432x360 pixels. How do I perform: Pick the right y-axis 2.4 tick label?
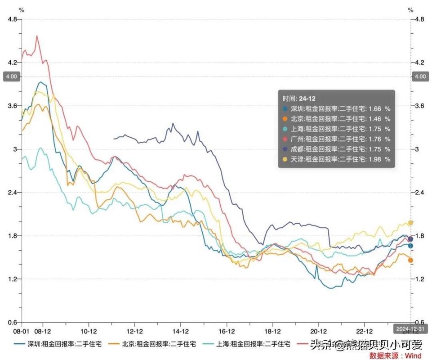coord(419,193)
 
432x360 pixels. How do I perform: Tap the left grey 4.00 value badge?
coord(11,76)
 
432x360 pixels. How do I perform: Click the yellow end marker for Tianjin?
coord(411,223)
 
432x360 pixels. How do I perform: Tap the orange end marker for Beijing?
coord(410,260)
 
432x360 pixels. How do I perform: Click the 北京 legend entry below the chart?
coord(153,344)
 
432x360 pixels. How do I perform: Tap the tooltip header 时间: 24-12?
coord(298,98)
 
